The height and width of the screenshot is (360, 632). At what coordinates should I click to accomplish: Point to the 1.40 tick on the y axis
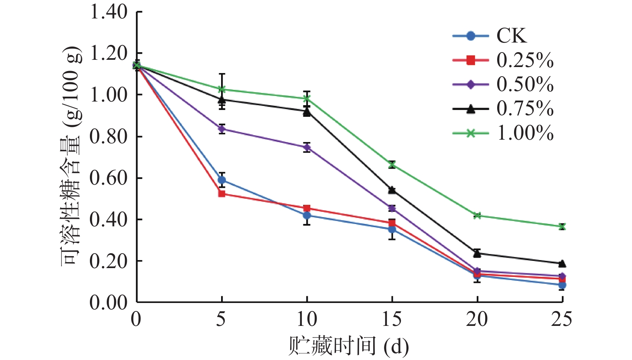pyautogui.click(x=108, y=12)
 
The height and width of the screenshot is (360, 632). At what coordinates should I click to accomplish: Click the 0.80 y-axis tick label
pyautogui.click(x=108, y=136)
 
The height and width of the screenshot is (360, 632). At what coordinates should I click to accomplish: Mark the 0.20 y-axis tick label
pyautogui.click(x=108, y=261)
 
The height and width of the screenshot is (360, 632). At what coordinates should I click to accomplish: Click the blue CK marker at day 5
pyautogui.click(x=222, y=180)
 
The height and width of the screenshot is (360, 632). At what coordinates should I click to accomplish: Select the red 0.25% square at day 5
pyautogui.click(x=222, y=194)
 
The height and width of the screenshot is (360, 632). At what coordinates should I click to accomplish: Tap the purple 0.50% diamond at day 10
pyautogui.click(x=307, y=147)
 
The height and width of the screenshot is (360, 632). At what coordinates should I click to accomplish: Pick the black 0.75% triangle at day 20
pyautogui.click(x=477, y=253)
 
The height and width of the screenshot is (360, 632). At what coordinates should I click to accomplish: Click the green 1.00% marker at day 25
pyautogui.click(x=562, y=226)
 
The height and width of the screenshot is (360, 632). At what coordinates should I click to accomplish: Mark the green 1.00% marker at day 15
pyautogui.click(x=392, y=165)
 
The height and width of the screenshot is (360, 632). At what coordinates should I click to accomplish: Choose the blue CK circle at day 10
pyautogui.click(x=307, y=216)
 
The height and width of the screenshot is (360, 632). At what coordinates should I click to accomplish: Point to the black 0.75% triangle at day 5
pyautogui.click(x=222, y=99)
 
